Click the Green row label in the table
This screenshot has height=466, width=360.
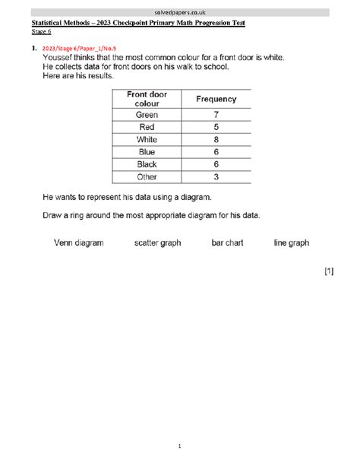coord(147,115)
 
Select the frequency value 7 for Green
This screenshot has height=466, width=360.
coord(216,115)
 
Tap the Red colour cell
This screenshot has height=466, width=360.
coord(147,127)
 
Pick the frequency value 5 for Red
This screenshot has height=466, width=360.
coord(216,127)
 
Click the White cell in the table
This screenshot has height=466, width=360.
coord(147,140)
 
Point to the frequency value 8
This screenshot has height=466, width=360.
coord(216,140)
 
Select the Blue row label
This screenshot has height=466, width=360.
coord(147,152)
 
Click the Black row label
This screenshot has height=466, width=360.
coord(147,164)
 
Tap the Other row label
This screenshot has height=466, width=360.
coord(147,176)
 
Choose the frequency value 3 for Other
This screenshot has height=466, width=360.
coord(216,176)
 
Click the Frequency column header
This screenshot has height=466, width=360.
coord(216,99)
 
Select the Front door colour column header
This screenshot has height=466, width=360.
coord(147,99)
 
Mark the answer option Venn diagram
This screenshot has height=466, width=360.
coord(78,243)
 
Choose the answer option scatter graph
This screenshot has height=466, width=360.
coord(159,243)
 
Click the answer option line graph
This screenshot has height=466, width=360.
coord(291,243)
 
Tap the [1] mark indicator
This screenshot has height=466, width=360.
coord(328,271)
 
